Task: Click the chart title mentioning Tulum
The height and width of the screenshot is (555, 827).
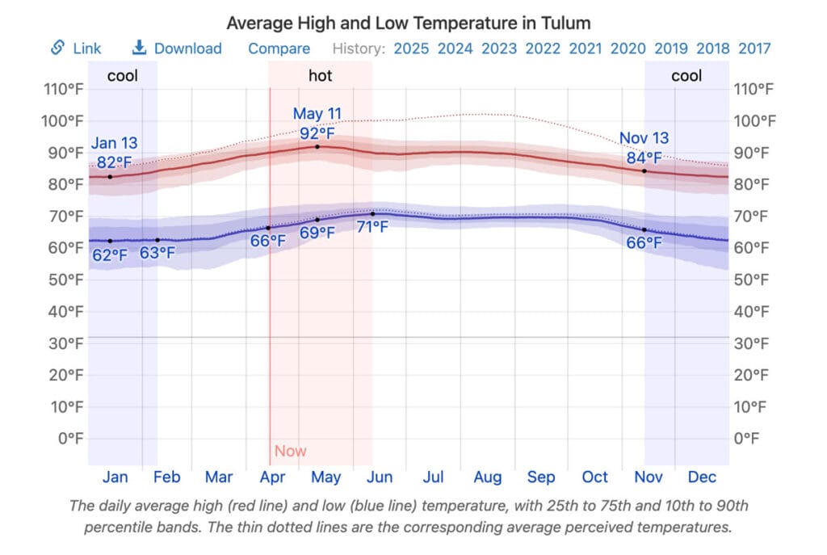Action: (x=408, y=23)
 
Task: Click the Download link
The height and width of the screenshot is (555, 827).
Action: (x=177, y=48)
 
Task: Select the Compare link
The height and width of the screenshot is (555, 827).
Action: (x=279, y=48)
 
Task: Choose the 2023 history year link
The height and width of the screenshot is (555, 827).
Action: (x=499, y=48)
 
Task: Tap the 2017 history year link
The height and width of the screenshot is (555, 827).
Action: (x=754, y=48)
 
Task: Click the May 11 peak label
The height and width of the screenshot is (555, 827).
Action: (x=317, y=114)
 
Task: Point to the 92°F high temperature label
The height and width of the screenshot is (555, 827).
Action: (x=317, y=132)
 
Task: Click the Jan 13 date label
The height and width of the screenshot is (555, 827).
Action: (x=114, y=144)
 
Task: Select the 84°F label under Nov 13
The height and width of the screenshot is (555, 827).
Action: (x=644, y=158)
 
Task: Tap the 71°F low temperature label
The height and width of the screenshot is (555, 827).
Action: (x=372, y=227)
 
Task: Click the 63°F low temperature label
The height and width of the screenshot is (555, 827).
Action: (x=157, y=253)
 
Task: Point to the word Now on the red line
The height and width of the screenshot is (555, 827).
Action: (x=291, y=451)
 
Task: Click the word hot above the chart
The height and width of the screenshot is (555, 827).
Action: (x=320, y=76)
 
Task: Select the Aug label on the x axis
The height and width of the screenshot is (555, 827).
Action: (x=487, y=477)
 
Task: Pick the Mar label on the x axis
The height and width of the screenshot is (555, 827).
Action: (x=219, y=477)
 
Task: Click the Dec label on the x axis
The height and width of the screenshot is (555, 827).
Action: (x=702, y=477)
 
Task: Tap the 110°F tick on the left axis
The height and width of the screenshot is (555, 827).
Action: (x=64, y=89)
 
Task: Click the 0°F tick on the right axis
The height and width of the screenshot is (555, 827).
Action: (x=747, y=439)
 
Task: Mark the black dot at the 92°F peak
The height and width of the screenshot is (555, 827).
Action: (x=317, y=146)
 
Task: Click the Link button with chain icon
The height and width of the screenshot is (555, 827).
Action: (x=76, y=48)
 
